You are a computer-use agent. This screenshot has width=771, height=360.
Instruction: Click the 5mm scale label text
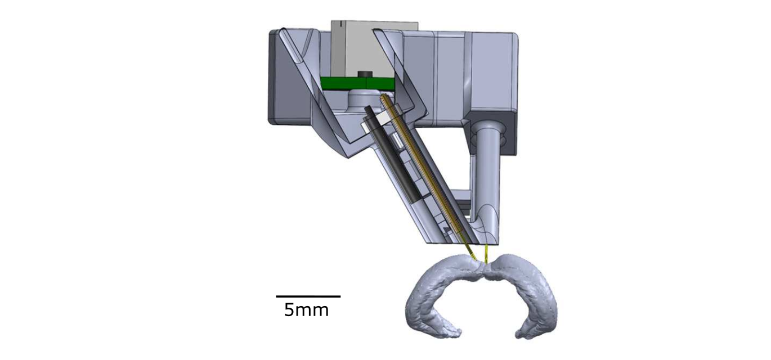pos(306,309)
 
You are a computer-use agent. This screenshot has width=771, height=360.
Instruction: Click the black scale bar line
pos(308,296)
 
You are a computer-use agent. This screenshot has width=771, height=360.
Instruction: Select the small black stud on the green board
pos(364,74)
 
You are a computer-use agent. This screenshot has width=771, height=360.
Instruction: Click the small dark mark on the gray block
pos(341,23)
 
